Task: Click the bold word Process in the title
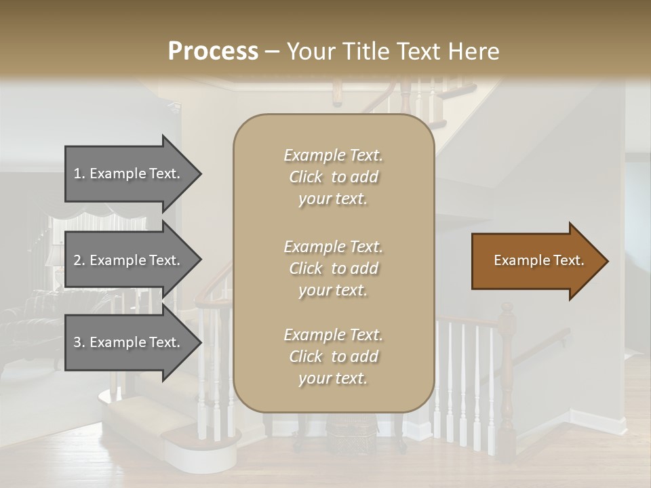(x=213, y=52)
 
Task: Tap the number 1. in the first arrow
(x=79, y=174)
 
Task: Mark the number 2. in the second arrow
(x=79, y=260)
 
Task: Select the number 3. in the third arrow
(x=79, y=342)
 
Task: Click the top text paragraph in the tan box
(x=333, y=177)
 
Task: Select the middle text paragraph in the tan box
(x=333, y=268)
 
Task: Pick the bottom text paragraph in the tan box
(x=333, y=357)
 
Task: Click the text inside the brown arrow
(x=538, y=260)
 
